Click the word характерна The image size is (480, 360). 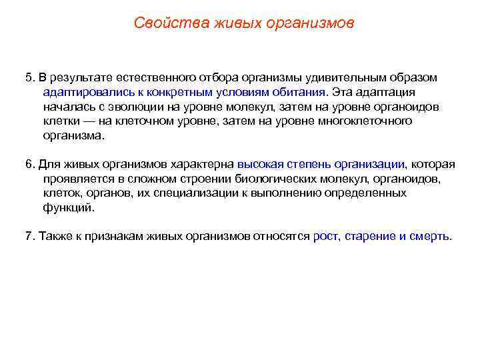tap(201, 164)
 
